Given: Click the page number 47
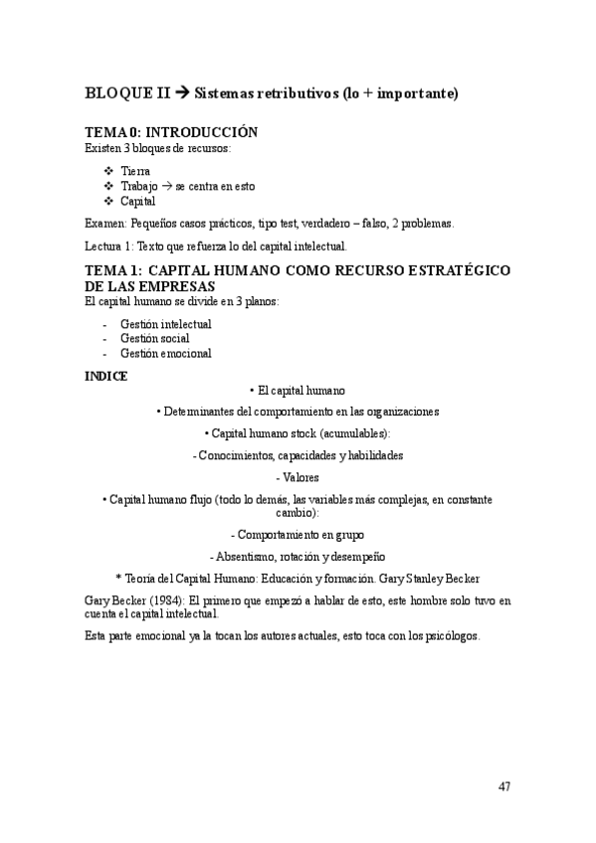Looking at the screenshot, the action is click(x=504, y=787).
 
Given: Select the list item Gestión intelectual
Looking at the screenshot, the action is click(x=165, y=324).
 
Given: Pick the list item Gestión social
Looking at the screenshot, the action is click(x=154, y=338).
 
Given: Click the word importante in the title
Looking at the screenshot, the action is click(x=410, y=94).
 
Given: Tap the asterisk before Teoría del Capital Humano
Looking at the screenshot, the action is click(x=118, y=579).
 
